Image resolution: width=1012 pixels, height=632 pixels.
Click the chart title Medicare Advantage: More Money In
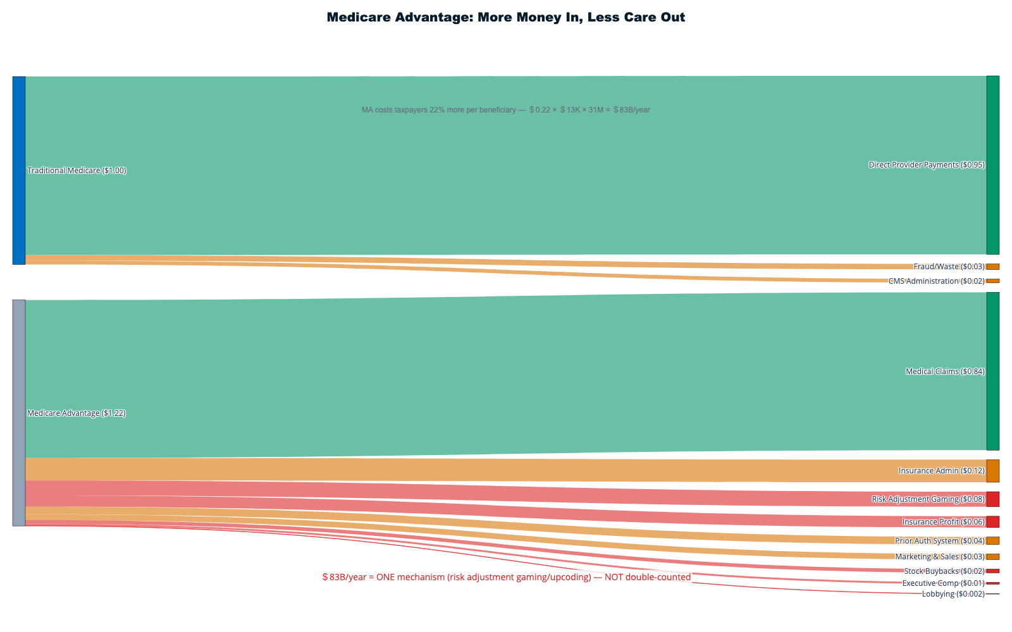pos(505,18)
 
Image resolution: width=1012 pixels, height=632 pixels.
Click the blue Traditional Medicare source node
pos(19,170)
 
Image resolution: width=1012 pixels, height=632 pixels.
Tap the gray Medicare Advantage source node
pos(19,413)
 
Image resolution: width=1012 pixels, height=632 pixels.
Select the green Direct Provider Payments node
pos(992,165)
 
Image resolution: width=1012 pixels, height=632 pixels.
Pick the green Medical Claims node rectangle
pos(992,371)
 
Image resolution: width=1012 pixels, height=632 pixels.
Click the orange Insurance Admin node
pos(992,471)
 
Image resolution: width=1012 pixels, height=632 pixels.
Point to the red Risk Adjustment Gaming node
pos(992,499)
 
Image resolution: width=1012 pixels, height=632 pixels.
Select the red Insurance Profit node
pos(992,522)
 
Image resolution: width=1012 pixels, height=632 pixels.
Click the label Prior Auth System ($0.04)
pos(939,541)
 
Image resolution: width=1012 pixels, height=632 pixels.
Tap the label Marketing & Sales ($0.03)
pos(939,557)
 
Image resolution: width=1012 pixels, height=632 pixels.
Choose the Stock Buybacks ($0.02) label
pos(944,571)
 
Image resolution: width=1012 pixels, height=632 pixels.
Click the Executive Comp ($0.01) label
pos(943,583)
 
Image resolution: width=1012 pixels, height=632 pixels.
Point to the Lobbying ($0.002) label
pos(953,594)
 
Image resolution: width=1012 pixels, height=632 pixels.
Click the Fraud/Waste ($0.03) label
pos(949,267)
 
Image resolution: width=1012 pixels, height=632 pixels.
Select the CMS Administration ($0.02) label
pos(936,281)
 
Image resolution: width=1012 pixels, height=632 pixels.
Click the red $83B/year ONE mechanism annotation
pos(506,577)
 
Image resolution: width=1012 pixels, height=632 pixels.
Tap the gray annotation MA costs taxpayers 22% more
pos(505,110)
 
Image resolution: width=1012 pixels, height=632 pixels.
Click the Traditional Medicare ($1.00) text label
pos(77,171)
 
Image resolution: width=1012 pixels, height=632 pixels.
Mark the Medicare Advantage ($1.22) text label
pos(77,413)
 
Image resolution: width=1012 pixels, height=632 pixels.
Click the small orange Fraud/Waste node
pos(992,267)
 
